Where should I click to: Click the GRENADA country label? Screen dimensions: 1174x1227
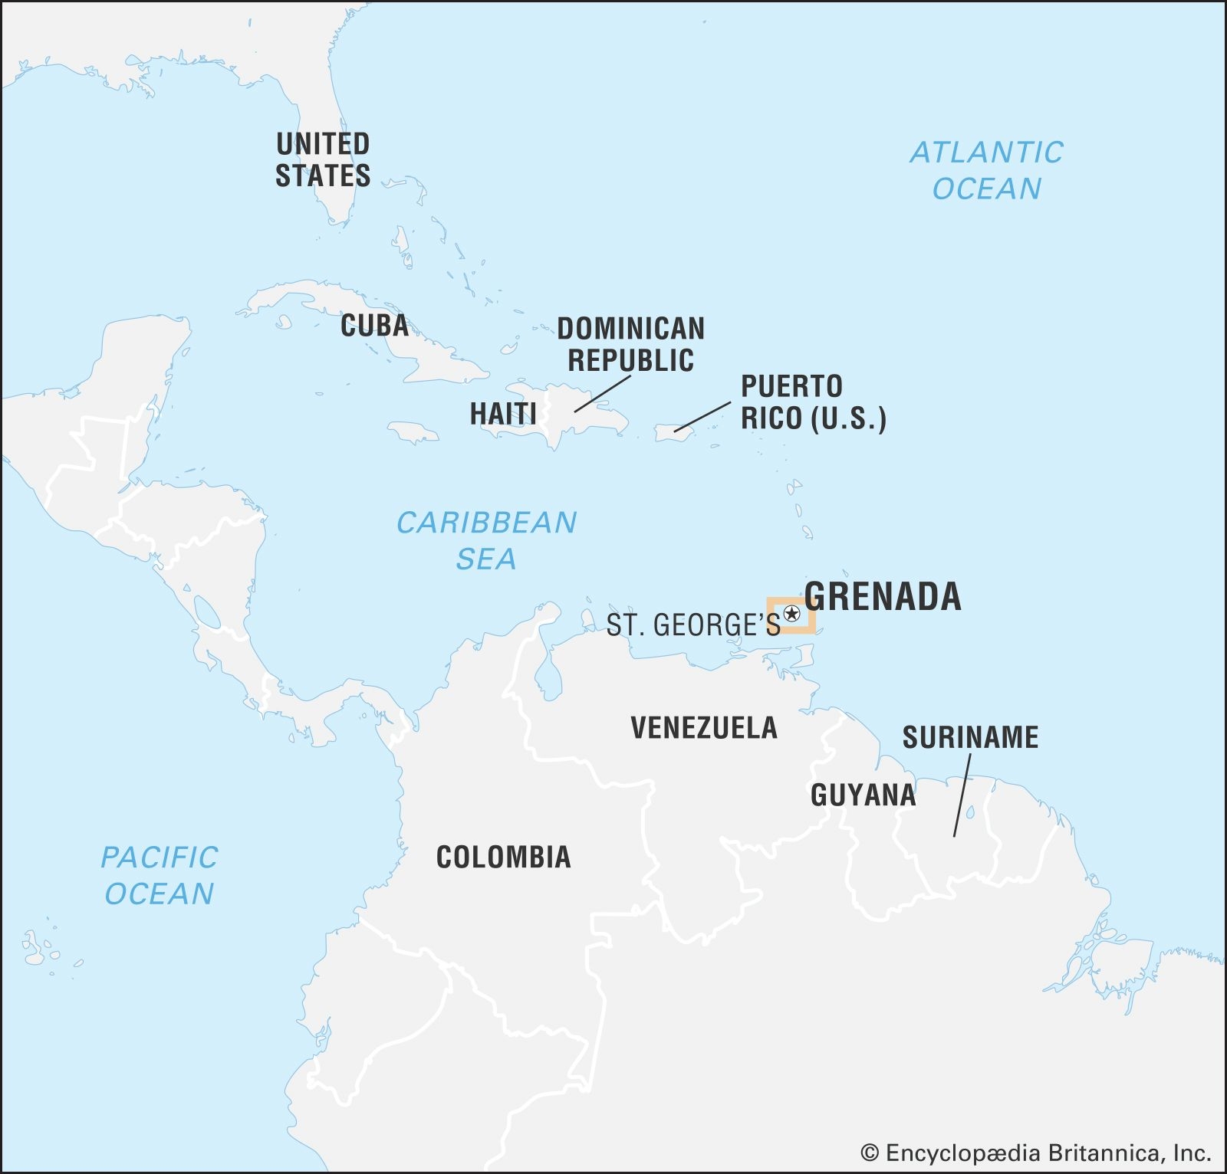[x=883, y=597]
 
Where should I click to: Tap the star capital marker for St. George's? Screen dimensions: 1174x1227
[x=792, y=614]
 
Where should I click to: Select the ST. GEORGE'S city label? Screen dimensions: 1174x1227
[x=693, y=625]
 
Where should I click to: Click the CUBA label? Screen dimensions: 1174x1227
[x=374, y=326]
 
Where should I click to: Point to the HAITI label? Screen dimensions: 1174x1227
[x=503, y=414]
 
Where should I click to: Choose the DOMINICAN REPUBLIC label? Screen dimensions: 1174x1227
[x=630, y=344]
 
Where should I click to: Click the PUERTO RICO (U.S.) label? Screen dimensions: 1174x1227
[x=813, y=402]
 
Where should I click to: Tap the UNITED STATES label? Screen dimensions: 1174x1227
[x=323, y=159]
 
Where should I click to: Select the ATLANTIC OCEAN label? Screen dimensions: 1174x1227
[x=987, y=170]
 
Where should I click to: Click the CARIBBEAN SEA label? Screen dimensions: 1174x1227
[x=486, y=540]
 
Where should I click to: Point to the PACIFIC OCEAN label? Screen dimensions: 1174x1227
[x=160, y=875]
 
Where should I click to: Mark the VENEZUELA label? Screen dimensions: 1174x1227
[x=704, y=727]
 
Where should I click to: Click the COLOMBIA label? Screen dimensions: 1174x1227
[x=503, y=857]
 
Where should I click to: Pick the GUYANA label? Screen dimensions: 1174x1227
[x=863, y=795]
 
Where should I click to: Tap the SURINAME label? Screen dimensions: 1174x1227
[x=970, y=737]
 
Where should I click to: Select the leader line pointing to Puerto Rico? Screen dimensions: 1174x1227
[x=702, y=416]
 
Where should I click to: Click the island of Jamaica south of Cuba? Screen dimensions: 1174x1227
[x=414, y=432]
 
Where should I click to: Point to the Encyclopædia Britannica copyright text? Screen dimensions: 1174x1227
[x=1035, y=1153]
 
